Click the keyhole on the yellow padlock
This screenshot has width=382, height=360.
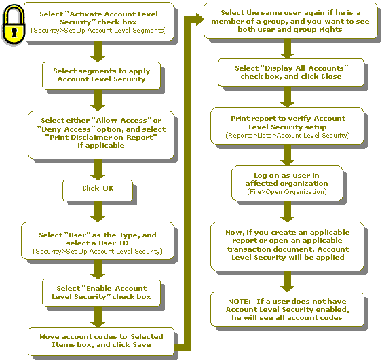14,33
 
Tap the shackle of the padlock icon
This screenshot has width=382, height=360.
14,11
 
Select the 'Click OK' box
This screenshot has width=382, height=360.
98,191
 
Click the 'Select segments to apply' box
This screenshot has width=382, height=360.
101,76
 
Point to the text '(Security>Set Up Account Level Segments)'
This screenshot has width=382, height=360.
98,31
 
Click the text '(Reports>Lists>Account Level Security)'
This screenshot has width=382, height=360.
288,136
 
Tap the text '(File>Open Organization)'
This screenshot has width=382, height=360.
287,192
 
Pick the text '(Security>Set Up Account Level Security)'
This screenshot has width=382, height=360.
98,252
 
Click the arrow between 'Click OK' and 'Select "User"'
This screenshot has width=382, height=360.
98,212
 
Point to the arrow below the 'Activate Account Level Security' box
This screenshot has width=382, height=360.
98,52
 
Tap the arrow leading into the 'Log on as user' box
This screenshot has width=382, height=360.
287,155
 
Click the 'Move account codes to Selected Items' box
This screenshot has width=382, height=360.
101,342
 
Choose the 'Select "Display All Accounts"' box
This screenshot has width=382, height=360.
291,73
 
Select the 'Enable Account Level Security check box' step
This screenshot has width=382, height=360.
101,293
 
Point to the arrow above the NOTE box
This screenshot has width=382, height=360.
287,281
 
